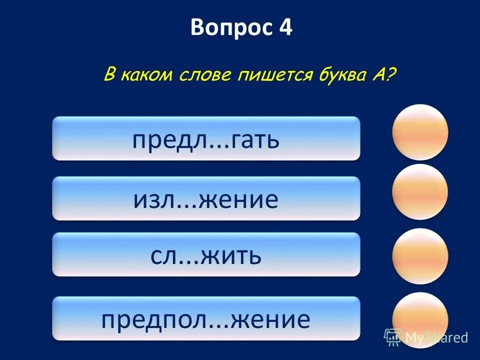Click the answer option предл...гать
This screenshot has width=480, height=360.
(x=206, y=138)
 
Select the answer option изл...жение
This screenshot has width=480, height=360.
(x=206, y=198)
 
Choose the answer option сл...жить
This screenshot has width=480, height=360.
(x=206, y=254)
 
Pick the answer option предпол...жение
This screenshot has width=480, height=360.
(x=206, y=318)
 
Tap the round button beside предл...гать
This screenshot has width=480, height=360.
(x=420, y=132)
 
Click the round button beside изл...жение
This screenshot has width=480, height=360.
(x=420, y=192)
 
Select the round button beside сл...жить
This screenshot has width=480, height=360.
(x=420, y=256)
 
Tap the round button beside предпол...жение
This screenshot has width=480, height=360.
(x=420, y=320)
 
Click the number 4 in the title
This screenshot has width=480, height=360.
(x=285, y=28)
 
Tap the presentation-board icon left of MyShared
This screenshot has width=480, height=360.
(x=393, y=337)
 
